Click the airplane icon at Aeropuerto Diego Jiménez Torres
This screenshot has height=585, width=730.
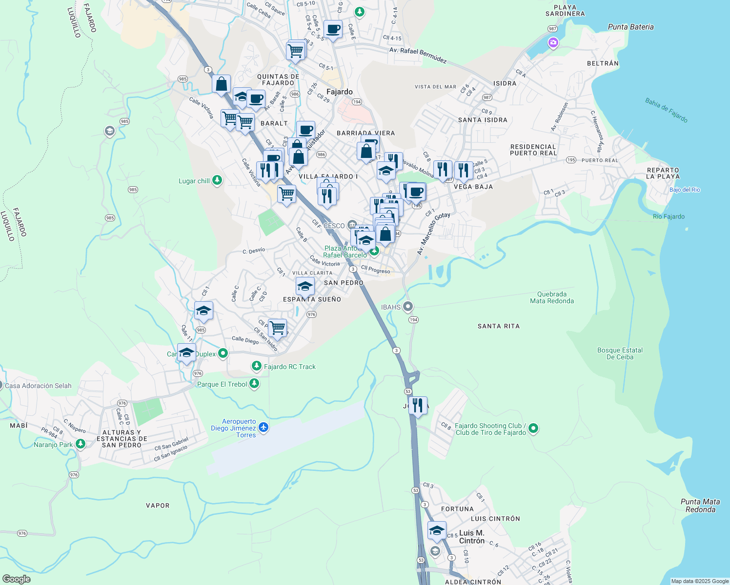pyautogui.click(x=264, y=428)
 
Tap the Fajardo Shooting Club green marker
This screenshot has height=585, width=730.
pyautogui.click(x=533, y=429)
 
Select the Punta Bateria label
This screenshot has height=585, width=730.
pyautogui.click(x=630, y=27)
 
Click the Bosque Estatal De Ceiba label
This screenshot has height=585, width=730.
pyautogui.click(x=620, y=353)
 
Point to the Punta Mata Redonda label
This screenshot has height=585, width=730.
pyautogui.click(x=700, y=506)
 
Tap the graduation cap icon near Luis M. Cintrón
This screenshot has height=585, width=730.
pyautogui.click(x=437, y=530)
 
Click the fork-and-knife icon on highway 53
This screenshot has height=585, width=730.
pyautogui.click(x=418, y=405)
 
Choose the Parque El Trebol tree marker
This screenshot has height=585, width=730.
pyautogui.click(x=254, y=384)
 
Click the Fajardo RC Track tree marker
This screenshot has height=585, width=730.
pyautogui.click(x=256, y=366)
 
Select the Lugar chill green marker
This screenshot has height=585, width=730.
pyautogui.click(x=217, y=181)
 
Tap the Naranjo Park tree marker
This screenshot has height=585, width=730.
pyautogui.click(x=81, y=444)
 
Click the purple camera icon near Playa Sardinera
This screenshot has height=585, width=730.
pyautogui.click(x=553, y=43)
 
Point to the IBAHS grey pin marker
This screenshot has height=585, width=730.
pyautogui.click(x=408, y=307)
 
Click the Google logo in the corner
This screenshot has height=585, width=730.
pyautogui.click(x=16, y=579)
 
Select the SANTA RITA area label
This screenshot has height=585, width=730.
pyautogui.click(x=498, y=326)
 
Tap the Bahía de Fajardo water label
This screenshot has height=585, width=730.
pyautogui.click(x=666, y=110)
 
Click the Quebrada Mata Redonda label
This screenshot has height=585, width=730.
pyautogui.click(x=552, y=297)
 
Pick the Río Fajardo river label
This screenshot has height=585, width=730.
pyautogui.click(x=669, y=216)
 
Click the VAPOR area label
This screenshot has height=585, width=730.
pyautogui.click(x=158, y=506)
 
